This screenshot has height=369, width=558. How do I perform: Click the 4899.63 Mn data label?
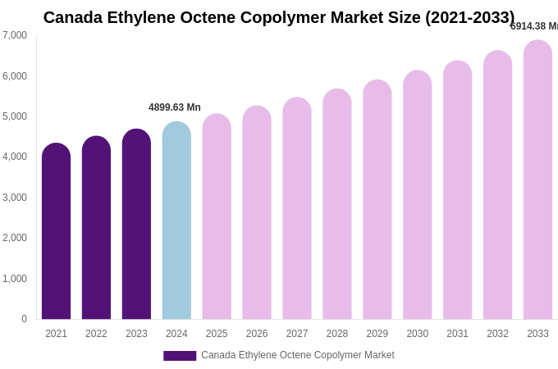coord(175,107)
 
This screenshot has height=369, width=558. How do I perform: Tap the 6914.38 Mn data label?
coord(534,26)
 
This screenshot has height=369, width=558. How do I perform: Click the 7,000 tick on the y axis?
coord(15,35)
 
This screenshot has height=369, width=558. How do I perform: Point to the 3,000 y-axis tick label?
coord(15,198)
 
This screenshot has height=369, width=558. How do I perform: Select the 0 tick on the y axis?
coord(24,319)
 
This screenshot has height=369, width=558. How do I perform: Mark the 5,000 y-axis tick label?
coord(15,116)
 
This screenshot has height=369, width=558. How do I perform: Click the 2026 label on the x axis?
coord(257,334)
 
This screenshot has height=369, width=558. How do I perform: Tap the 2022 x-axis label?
coord(96,334)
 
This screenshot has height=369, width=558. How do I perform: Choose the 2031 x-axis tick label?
coord(457,334)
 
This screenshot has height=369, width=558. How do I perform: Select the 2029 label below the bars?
coord(377,334)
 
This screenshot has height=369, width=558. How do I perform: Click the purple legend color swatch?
coord(180,356)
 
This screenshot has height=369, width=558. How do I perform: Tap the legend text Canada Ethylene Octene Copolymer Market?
coord(298,355)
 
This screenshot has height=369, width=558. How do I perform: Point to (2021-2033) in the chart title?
coord(469,17)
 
